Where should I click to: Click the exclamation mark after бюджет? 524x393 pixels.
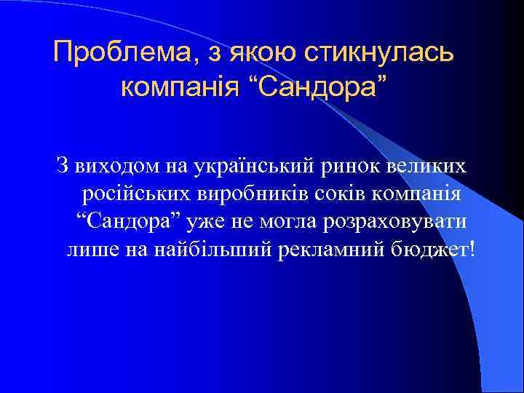tap(474, 249)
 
